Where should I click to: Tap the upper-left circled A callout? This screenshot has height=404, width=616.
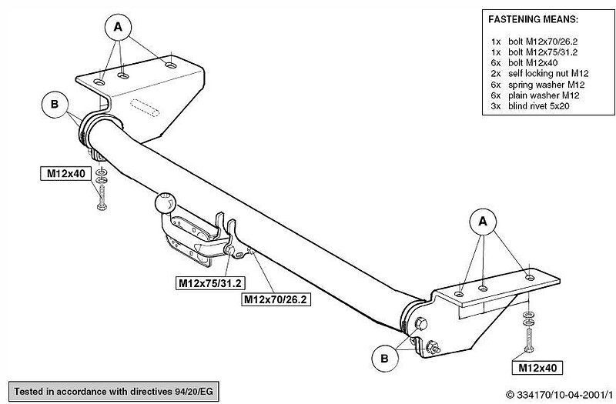[118, 27]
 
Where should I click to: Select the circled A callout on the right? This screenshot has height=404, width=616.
[484, 222]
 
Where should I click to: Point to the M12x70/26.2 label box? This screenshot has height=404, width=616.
[275, 299]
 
